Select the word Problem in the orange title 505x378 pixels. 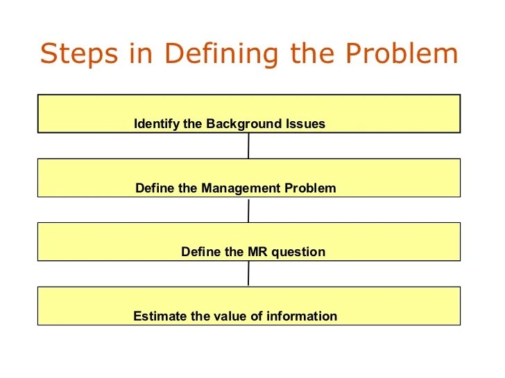click(x=402, y=54)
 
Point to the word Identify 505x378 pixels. click(x=157, y=125)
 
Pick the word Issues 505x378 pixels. click(x=306, y=125)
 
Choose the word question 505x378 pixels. click(x=298, y=252)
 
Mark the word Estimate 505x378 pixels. click(x=160, y=316)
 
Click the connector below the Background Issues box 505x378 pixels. click(x=248, y=145)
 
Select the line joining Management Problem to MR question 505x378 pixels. click(x=248, y=210)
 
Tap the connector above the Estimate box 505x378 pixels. click(x=248, y=273)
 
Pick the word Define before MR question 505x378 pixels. click(x=202, y=252)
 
